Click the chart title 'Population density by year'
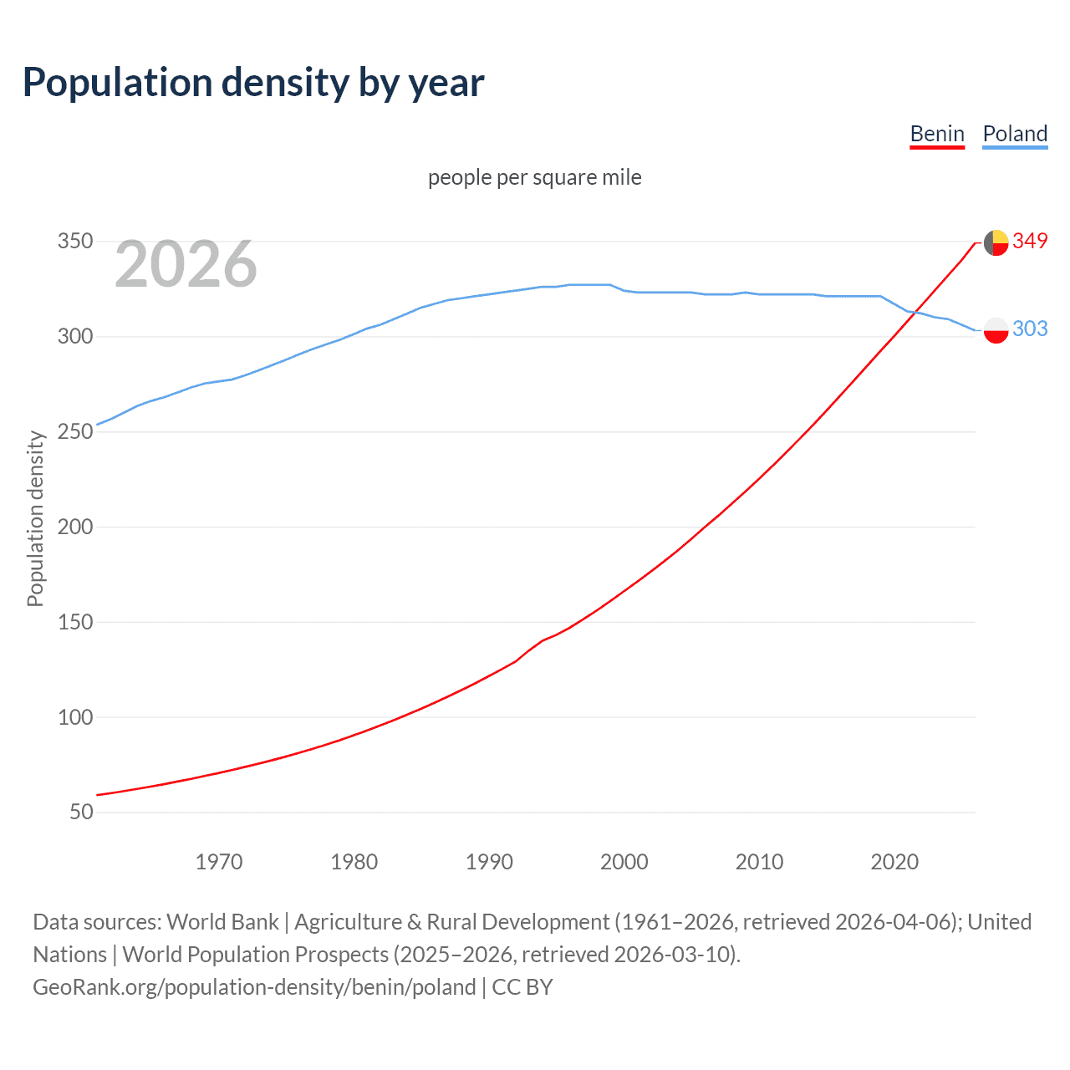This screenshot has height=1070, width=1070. pos(253,83)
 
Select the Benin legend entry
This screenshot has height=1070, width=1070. pos(937,134)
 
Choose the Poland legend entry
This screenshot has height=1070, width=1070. pos(1015,134)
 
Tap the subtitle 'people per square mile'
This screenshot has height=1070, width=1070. pos(534,177)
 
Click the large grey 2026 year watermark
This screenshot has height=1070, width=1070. pos(186,265)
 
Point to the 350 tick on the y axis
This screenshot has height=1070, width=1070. pos(74,242)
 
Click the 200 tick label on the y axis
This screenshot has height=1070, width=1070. pos(74,527)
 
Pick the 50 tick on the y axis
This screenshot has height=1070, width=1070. pos(81,812)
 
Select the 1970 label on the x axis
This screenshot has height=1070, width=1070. pos(219,862)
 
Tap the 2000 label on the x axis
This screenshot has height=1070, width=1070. pos(624,862)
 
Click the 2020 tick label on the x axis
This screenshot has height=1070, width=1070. pos(894,862)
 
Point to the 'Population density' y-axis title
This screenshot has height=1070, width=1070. pos(35,518)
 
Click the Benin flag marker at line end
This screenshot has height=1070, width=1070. pos(996,242)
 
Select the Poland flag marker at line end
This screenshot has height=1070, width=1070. pos(996,330)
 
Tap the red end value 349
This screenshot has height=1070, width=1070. pos(1030,241)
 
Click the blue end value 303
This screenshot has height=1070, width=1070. pos(1030,329)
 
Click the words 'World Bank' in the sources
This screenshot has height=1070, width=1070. pos(222,922)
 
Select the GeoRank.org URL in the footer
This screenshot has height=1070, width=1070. pos(254,987)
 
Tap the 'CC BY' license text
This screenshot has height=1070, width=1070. pos(522,987)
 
